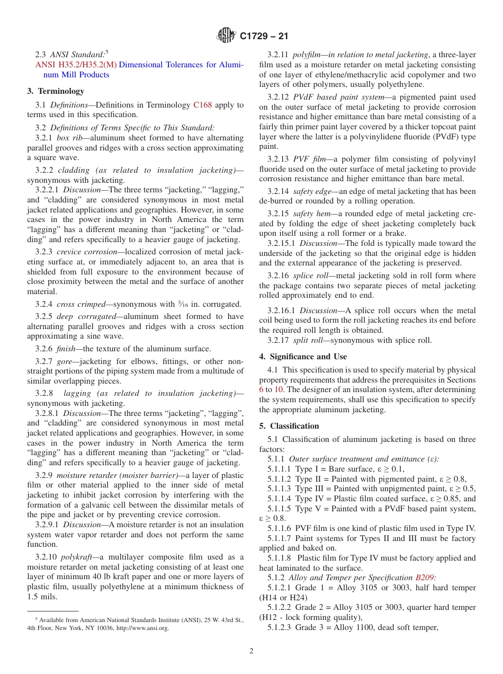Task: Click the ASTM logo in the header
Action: pyautogui.click(x=227, y=36)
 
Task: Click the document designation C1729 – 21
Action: pyautogui.click(x=263, y=37)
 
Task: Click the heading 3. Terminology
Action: pyautogui.click(x=55, y=91)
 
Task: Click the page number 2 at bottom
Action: pyautogui.click(x=251, y=651)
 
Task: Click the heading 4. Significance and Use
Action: pyautogui.click(x=303, y=357)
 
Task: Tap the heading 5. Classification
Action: pyautogui.click(x=289, y=426)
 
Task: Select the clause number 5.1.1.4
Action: pyautogui.click(x=280, y=498)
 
